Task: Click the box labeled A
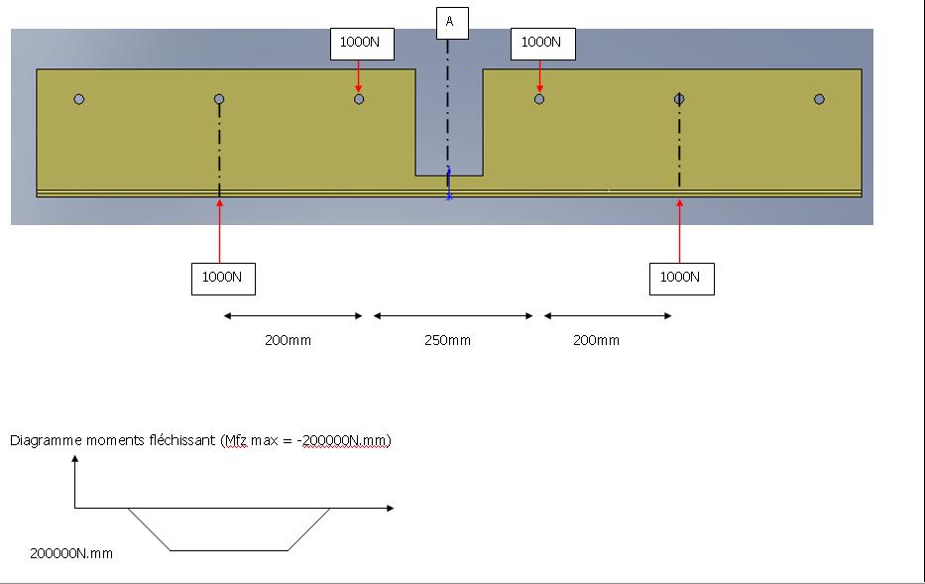(450, 21)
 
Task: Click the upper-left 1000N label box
(360, 43)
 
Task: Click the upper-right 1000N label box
(541, 43)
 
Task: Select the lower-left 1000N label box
(222, 278)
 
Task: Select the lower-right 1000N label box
(680, 278)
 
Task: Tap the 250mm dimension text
(447, 341)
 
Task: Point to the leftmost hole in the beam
(79, 99)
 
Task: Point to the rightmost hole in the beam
(819, 99)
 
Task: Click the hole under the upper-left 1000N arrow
(359, 99)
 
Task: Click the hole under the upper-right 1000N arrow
(539, 99)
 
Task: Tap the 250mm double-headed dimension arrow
(453, 316)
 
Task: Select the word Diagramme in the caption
(42, 441)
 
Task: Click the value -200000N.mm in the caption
(343, 441)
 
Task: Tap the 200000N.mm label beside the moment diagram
(71, 553)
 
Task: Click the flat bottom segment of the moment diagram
(229, 549)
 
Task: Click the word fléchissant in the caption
(180, 441)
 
